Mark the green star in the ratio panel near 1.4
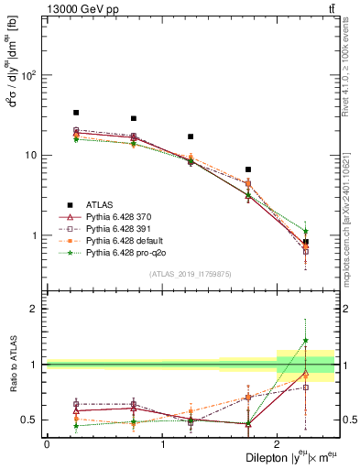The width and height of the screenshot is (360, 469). click(306, 341)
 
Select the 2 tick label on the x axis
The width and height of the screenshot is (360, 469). click(277, 443)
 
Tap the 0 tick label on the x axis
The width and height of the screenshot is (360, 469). click(47, 443)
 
